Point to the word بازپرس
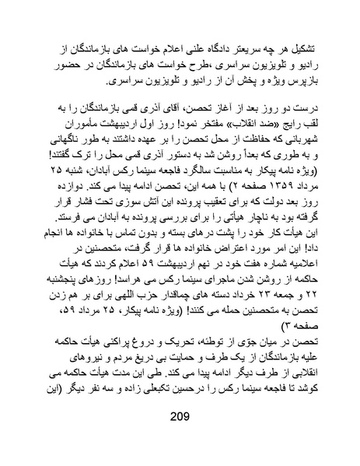click(x=302, y=80)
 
